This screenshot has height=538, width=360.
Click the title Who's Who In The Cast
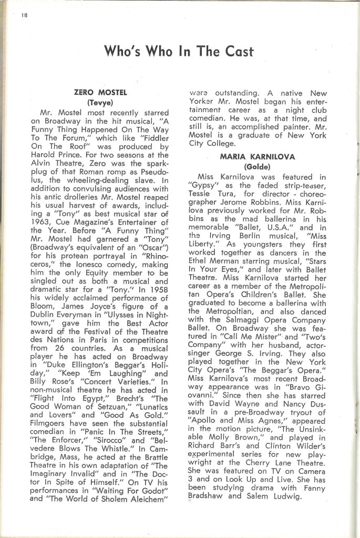[x=179, y=51]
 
